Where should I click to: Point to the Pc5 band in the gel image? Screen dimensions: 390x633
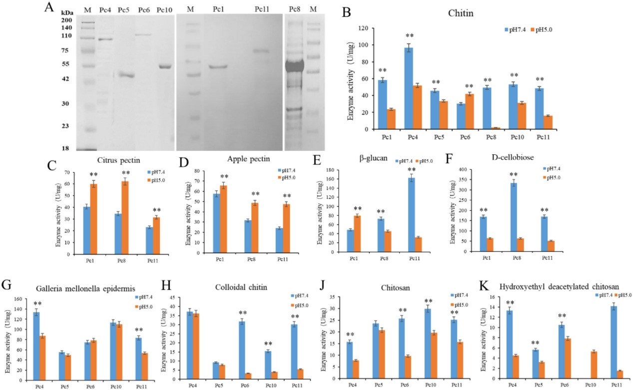tap(126, 75)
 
